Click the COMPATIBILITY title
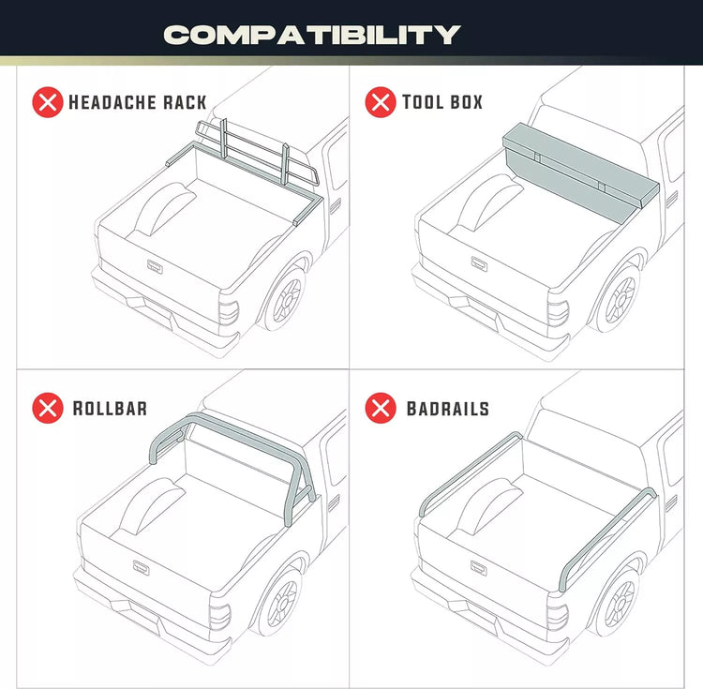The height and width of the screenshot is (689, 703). point(312,35)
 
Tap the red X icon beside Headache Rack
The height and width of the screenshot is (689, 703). point(48,102)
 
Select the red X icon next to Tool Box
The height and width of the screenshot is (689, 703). point(381,102)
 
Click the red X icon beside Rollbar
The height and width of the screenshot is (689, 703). point(48,408)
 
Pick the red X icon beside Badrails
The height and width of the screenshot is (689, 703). point(381,408)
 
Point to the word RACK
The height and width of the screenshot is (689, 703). point(185,103)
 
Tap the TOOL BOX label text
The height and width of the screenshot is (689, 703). point(442,102)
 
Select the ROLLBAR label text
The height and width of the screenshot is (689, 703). point(110,409)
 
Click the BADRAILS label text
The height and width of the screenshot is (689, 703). point(448,409)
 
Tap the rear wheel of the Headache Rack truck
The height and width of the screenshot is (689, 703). point(286,299)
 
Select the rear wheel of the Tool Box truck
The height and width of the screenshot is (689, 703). point(620,299)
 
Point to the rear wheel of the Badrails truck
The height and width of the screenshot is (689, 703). point(619,603)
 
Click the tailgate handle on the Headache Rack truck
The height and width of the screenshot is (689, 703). point(155,267)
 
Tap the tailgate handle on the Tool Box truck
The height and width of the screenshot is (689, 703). point(479,263)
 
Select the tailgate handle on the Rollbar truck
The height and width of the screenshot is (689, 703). point(141,568)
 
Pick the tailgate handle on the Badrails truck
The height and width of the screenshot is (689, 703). point(478,568)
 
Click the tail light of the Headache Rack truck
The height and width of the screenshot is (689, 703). point(229,312)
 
